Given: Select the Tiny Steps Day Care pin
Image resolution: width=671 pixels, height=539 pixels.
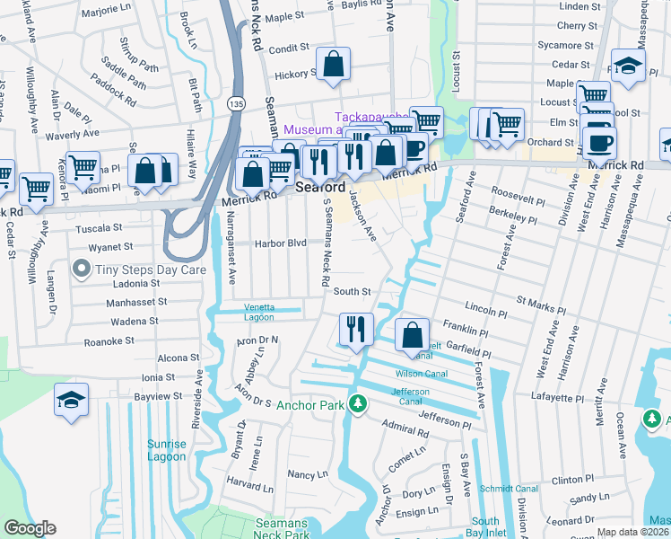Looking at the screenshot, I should pyautogui.click(x=82, y=268).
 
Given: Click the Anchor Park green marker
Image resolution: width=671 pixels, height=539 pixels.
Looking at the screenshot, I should pyautogui.click(x=358, y=404).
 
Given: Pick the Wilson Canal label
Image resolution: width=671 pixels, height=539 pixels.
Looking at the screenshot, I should pyautogui.click(x=415, y=374).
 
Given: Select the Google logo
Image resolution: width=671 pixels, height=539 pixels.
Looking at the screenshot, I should pyautogui.click(x=30, y=528).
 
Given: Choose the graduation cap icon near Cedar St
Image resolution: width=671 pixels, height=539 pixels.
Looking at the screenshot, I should pyautogui.click(x=628, y=66).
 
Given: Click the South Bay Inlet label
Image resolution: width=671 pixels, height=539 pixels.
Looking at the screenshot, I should pyautogui.click(x=485, y=526).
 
